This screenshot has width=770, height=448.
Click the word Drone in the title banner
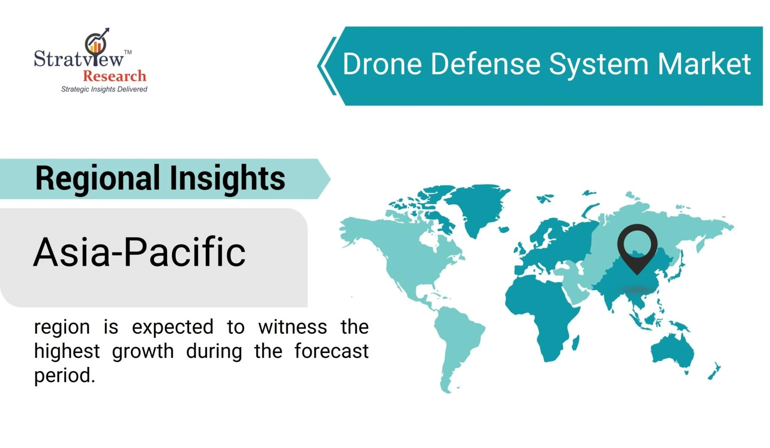[382, 64]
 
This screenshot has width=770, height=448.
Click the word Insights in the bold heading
[227, 179]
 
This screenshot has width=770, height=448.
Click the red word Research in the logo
[114, 76]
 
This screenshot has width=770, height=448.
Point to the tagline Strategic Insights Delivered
[104, 89]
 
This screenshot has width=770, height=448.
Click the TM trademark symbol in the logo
[128, 52]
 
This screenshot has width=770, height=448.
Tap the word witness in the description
[293, 327]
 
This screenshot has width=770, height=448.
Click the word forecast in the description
[331, 351]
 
